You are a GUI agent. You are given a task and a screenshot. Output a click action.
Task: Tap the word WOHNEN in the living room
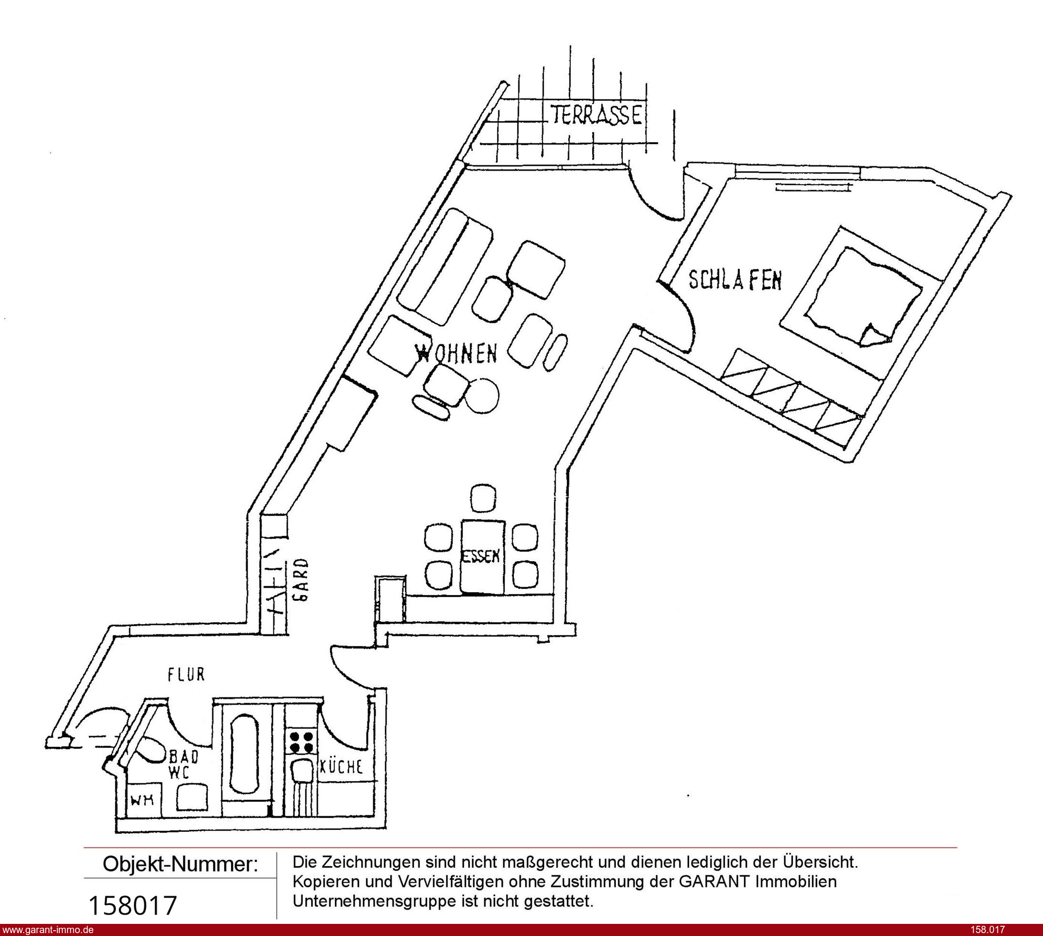(x=456, y=354)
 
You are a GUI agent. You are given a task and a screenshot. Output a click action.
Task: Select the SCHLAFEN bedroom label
(x=735, y=280)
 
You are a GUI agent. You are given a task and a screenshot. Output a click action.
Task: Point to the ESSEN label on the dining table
(x=481, y=556)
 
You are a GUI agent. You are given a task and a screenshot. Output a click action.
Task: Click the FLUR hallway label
(x=186, y=675)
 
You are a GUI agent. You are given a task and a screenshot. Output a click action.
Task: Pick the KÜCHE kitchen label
(x=342, y=767)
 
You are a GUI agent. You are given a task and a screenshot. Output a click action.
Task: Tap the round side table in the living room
(x=482, y=395)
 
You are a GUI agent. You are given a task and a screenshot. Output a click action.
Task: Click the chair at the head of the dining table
(x=484, y=499)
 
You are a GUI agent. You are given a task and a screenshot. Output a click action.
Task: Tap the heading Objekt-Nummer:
(x=180, y=864)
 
